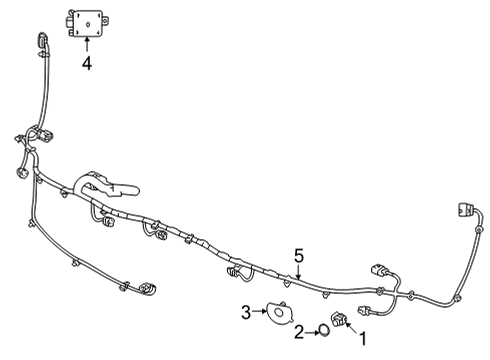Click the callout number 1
point(363,339)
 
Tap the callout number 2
point(298,331)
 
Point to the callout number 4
point(87,62)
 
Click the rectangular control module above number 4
point(89,22)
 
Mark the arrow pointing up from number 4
point(87,45)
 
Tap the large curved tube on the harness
point(100,186)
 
